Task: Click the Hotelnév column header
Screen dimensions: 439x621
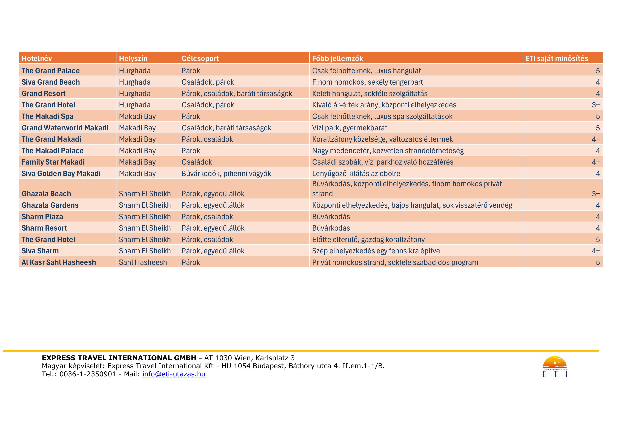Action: [37, 58]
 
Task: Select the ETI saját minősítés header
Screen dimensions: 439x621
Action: [556, 58]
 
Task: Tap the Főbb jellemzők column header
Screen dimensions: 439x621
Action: [337, 58]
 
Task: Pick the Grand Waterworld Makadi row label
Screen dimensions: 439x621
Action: [65, 128]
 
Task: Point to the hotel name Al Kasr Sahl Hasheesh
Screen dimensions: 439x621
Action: [59, 262]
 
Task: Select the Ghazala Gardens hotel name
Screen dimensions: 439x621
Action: [50, 205]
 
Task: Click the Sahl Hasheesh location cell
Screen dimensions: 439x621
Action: [143, 262]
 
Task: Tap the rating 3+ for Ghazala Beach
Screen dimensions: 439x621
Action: [595, 194]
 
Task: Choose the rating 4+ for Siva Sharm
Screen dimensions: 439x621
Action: [595, 251]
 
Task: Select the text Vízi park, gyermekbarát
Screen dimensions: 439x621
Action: [350, 128]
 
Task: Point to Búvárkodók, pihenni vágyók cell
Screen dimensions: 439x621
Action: [226, 174]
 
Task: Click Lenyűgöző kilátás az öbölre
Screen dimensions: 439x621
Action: [356, 174]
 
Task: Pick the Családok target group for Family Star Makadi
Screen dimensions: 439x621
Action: [197, 162]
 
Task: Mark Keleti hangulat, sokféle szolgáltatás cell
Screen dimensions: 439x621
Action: [370, 94]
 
